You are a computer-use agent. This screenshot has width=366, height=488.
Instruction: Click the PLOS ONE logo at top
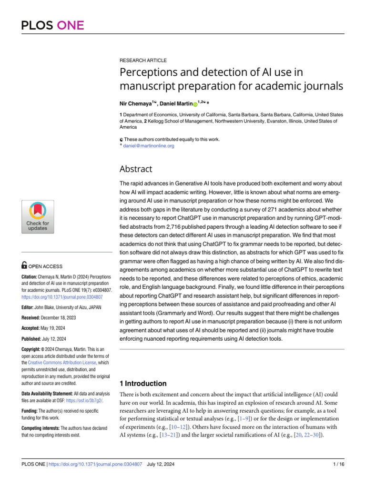(x=52, y=25)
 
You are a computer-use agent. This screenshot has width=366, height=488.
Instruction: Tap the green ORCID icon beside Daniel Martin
(x=195, y=104)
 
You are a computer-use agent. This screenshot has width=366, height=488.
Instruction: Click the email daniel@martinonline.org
(x=149, y=146)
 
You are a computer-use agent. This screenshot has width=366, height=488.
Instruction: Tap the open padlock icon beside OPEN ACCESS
(x=25, y=266)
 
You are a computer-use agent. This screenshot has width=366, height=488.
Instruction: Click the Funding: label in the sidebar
(x=30, y=411)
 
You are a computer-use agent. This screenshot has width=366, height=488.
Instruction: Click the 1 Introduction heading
(x=142, y=384)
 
